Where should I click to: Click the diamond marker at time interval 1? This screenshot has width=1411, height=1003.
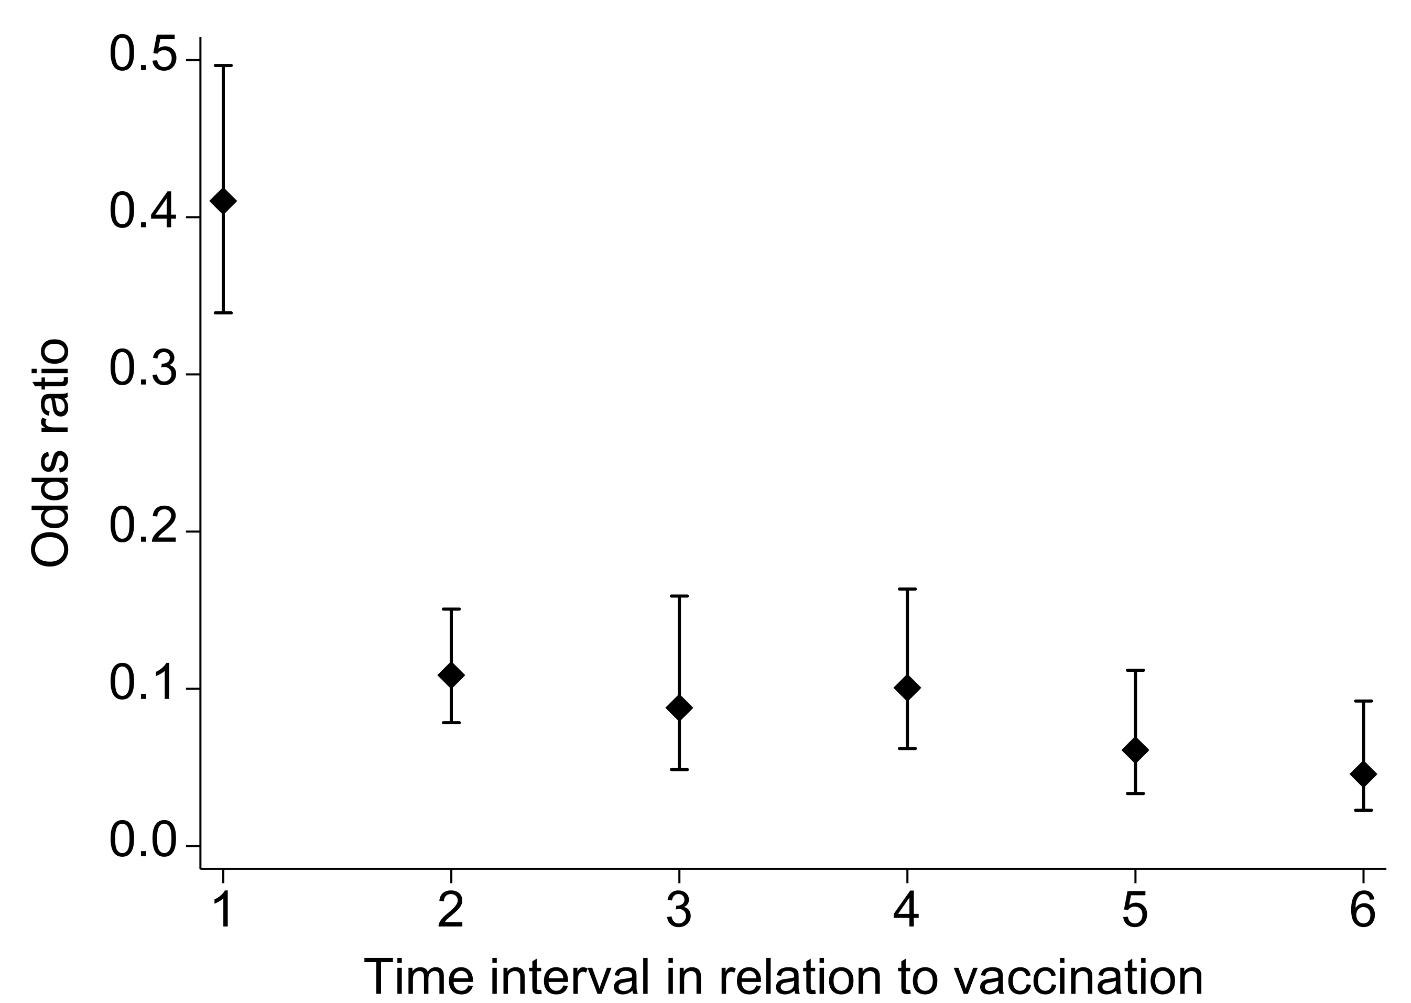pyautogui.click(x=223, y=201)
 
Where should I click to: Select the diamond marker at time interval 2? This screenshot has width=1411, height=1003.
pyautogui.click(x=451, y=675)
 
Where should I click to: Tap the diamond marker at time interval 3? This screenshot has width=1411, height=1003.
pyautogui.click(x=679, y=708)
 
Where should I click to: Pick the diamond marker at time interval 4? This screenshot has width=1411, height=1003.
pyautogui.click(x=907, y=688)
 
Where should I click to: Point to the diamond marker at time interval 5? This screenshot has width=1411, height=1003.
pyautogui.click(x=1135, y=750)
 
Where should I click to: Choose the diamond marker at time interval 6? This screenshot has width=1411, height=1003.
pyautogui.click(x=1363, y=774)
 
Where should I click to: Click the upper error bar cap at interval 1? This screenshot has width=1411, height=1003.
pyautogui.click(x=223, y=65)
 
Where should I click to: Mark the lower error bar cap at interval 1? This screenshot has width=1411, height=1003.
pyautogui.click(x=223, y=313)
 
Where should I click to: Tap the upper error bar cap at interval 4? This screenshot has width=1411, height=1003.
pyautogui.click(x=907, y=589)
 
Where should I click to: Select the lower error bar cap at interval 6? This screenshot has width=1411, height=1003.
pyautogui.click(x=1363, y=810)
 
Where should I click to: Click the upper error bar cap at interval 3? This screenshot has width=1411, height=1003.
pyautogui.click(x=679, y=596)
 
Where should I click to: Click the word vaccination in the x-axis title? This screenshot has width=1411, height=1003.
pyautogui.click(x=1078, y=978)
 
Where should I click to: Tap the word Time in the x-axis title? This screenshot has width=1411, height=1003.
pyautogui.click(x=419, y=978)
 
